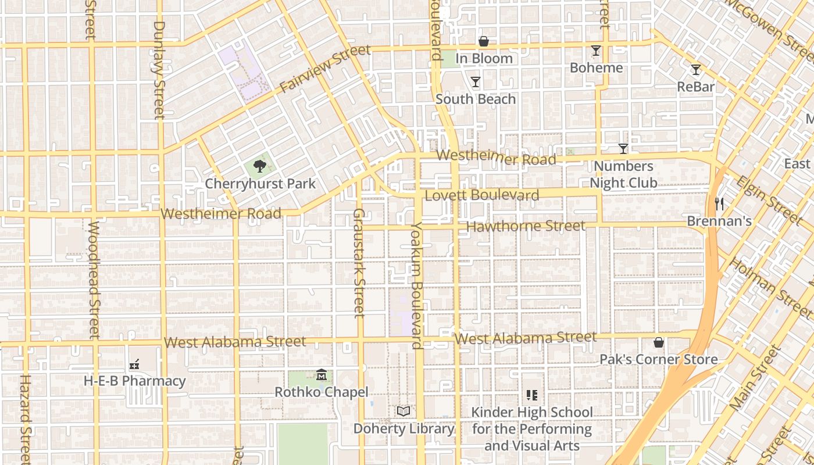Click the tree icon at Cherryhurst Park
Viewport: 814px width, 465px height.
pyautogui.click(x=260, y=167)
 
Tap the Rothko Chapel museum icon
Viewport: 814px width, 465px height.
pyautogui.click(x=322, y=375)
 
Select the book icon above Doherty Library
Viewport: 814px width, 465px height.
pyautogui.click(x=404, y=412)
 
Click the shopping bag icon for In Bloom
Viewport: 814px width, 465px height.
pyautogui.click(x=483, y=41)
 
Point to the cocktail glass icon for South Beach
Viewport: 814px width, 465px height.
pyautogui.click(x=476, y=82)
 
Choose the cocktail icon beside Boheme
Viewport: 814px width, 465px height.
pyautogui.click(x=596, y=51)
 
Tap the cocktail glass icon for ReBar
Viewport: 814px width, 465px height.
pyautogui.click(x=696, y=70)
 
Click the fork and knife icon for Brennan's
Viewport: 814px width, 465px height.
pyautogui.click(x=719, y=204)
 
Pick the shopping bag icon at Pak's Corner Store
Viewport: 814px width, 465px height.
pyautogui.click(x=659, y=342)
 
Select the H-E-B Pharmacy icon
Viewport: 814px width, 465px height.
pyautogui.click(x=134, y=364)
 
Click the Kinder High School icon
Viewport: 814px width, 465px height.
pyautogui.click(x=531, y=395)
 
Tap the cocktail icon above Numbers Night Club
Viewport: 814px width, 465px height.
pyautogui.click(x=623, y=149)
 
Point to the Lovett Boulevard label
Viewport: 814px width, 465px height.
pyautogui.click(x=482, y=195)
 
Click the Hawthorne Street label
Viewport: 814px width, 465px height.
pyautogui.click(x=526, y=226)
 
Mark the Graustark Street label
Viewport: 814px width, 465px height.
pyautogui.click(x=359, y=263)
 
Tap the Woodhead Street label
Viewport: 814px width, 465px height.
pyautogui.click(x=94, y=279)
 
